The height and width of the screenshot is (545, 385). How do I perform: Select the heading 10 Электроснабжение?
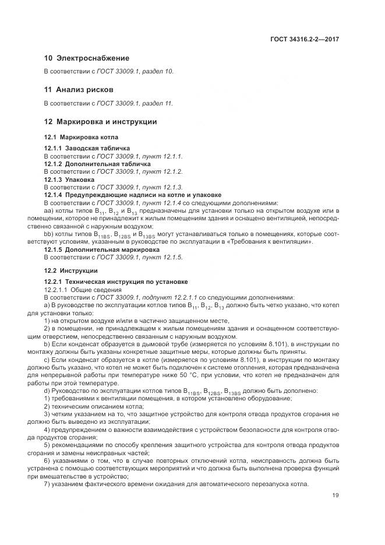pos(87,58)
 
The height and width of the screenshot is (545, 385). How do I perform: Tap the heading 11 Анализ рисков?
pos(79,90)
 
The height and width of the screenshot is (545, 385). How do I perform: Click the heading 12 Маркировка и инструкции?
pos(100,122)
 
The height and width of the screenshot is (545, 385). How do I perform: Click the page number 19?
pos(335,495)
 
